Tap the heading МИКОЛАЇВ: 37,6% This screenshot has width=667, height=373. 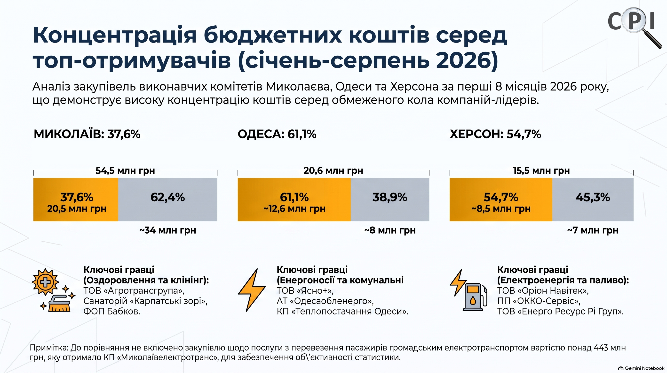(x=87, y=134)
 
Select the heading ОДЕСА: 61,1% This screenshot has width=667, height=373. (x=277, y=134)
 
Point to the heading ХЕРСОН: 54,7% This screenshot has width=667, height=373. (x=495, y=134)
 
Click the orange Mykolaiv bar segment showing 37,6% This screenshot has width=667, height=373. (x=76, y=199)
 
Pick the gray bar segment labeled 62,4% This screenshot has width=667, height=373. (x=167, y=199)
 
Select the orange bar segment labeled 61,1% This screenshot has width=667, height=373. (x=294, y=199)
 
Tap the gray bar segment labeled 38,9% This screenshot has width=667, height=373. (x=390, y=199)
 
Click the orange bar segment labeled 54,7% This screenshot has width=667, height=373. (x=501, y=199)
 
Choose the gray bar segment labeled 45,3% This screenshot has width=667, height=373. (x=593, y=199)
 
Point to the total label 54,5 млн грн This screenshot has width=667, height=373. (x=125, y=171)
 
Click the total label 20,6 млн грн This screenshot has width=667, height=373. (x=333, y=171)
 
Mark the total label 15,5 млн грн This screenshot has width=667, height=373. (x=541, y=171)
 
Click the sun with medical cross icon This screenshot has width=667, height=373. (x=45, y=282)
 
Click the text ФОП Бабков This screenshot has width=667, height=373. (x=111, y=311)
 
